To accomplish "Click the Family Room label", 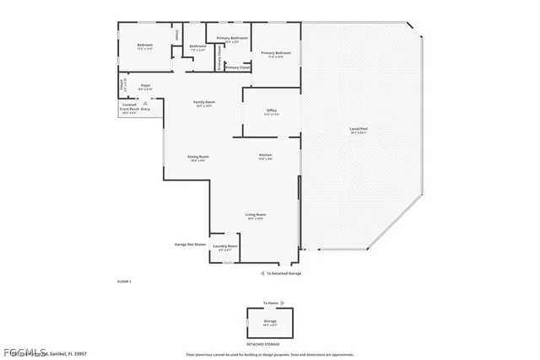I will tap(205, 103).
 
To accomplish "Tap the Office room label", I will tap(272, 112).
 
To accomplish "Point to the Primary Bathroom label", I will tap(232, 39).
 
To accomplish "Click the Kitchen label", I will tap(265, 157).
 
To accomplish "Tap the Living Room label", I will tap(256, 216).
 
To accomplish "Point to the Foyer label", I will tap(146, 86).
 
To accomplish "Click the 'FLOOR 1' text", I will tap(124, 280).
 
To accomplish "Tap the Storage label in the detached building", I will tap(270, 320).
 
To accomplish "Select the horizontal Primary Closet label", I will tap(238, 67).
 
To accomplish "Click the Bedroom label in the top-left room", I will tap(145, 45).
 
